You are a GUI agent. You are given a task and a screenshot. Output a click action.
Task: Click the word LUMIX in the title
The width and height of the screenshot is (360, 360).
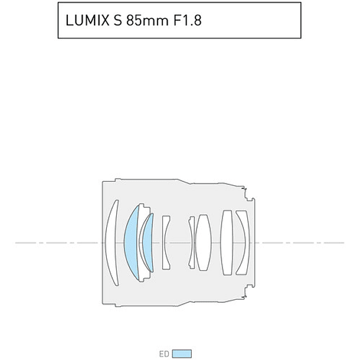coord(87,20)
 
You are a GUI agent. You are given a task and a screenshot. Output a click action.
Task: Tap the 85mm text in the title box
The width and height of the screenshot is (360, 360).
coord(148,20)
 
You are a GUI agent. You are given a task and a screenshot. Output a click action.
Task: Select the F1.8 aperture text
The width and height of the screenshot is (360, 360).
coord(188,20)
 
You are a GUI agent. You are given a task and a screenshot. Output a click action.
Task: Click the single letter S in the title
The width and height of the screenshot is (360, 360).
coord(117,20)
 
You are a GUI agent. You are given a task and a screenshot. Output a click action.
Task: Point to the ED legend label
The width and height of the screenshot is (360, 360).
coord(164,354)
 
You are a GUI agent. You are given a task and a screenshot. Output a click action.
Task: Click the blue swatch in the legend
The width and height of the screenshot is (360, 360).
coord(182,354)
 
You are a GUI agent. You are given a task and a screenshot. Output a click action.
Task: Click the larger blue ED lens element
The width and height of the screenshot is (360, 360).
coord(131,243)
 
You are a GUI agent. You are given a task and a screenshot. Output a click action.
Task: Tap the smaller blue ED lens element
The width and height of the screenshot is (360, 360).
coord(148,243)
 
